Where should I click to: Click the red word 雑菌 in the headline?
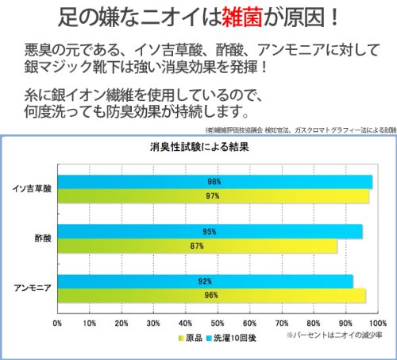242,17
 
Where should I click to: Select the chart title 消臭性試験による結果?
199,147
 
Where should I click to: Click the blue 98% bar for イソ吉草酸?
215,182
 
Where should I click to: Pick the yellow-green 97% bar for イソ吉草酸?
214,196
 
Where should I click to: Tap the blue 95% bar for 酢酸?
210,231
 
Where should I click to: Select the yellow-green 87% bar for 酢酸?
198,246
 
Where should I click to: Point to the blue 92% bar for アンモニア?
206,281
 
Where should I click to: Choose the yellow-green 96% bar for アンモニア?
212,296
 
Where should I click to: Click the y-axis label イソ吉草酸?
32,188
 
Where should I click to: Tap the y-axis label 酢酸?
43,238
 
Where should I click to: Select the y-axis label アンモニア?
33,288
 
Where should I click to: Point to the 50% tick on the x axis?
218,323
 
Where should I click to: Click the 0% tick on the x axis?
57,323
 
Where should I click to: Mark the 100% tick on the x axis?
378,323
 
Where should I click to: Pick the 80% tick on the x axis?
314,323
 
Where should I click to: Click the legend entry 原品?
191,338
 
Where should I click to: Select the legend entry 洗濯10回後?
232,338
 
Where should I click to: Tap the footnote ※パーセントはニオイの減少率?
334,335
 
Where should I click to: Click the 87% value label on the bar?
197,246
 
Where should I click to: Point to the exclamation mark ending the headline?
335,17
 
